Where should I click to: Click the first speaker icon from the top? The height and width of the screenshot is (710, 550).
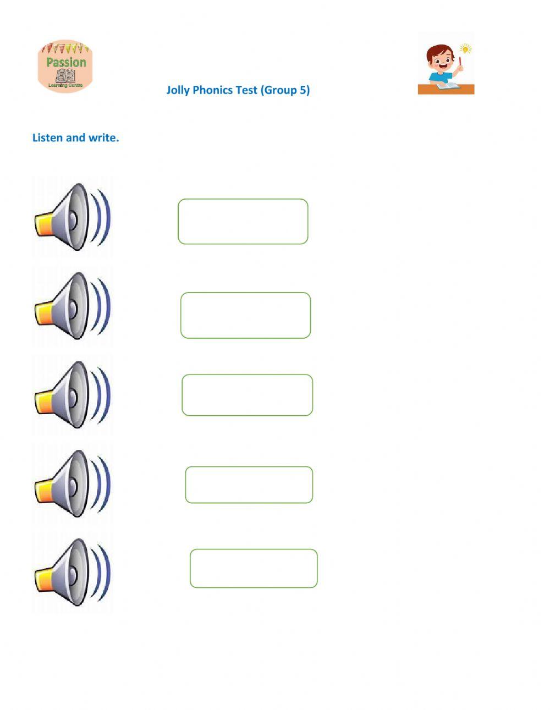[72, 217]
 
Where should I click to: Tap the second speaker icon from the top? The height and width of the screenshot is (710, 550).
[72, 306]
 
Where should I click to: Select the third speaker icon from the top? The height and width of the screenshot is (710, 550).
[72, 395]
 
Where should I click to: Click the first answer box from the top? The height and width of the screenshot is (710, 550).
[243, 222]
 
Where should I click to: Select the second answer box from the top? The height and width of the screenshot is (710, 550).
[245, 315]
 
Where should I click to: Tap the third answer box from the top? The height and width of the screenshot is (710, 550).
[247, 395]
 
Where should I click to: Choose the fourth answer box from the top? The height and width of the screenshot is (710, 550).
[249, 485]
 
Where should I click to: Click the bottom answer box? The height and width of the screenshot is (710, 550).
[254, 568]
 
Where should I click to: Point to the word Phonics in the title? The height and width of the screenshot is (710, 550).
[213, 90]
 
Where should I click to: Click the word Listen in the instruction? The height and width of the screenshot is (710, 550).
[47, 138]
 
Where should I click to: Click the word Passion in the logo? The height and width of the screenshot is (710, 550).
[66, 62]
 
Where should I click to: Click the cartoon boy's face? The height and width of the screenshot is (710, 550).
[441, 59]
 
